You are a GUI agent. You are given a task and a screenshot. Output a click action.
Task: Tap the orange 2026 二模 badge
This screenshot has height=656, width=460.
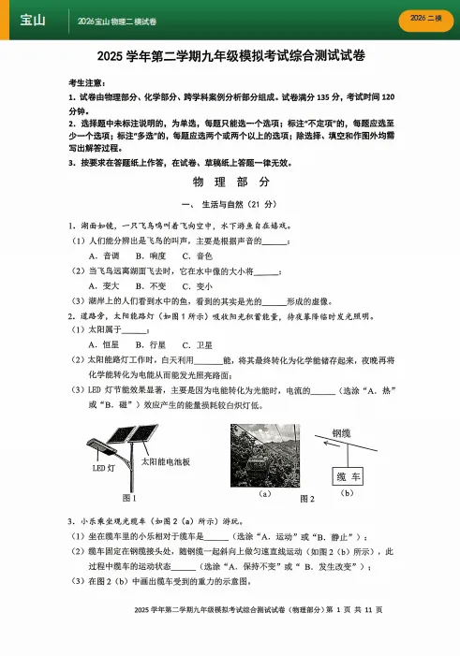[x=425, y=20]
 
